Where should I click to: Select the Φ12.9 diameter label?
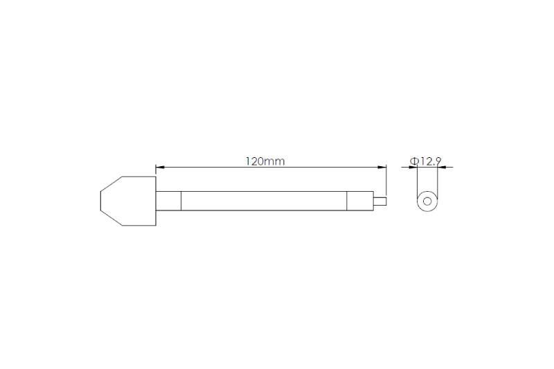[426, 161]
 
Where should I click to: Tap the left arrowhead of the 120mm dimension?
[159, 167]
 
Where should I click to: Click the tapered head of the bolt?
[128, 201]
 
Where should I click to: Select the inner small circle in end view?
[427, 201]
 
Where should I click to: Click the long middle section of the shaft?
[263, 201]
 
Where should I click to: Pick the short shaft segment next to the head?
[170, 201]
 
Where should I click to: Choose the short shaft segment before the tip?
[361, 201]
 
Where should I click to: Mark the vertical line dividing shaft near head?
[181, 201]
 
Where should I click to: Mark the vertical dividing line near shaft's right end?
[347, 201]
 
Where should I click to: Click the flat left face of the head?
[100, 201]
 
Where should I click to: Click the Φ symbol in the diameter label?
[413, 161]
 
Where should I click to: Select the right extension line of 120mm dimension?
[386, 181]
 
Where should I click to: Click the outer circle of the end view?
[427, 192]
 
